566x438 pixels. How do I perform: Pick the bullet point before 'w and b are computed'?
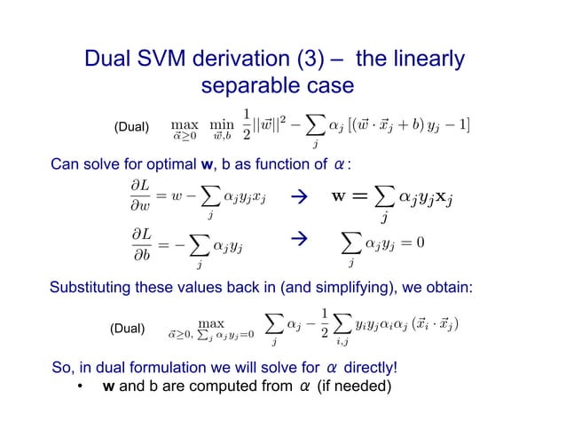click(79, 389)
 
